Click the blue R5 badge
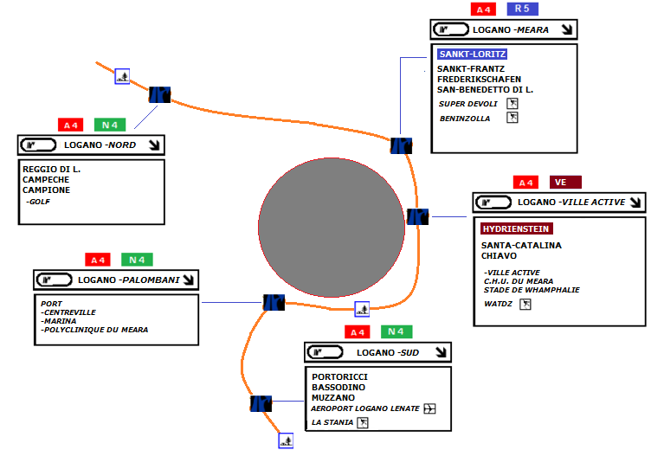tap(522, 9)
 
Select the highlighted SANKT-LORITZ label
tap(472, 54)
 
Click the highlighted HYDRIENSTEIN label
tap(516, 228)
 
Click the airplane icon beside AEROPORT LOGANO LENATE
tap(431, 408)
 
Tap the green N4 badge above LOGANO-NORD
tap(111, 125)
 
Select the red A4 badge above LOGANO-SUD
tap(357, 332)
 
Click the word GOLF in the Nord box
tap(39, 201)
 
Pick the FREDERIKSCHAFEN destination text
tap(479, 80)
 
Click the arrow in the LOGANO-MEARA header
tap(566, 29)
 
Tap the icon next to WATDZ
tap(525, 305)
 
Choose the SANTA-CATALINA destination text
tap(521, 246)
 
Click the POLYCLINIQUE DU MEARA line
tap(95, 330)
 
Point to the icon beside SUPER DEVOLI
tap(513, 104)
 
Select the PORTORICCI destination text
tap(340, 376)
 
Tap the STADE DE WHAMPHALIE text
tap(532, 290)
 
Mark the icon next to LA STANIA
tap(364, 422)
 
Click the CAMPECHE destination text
tap(47, 179)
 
